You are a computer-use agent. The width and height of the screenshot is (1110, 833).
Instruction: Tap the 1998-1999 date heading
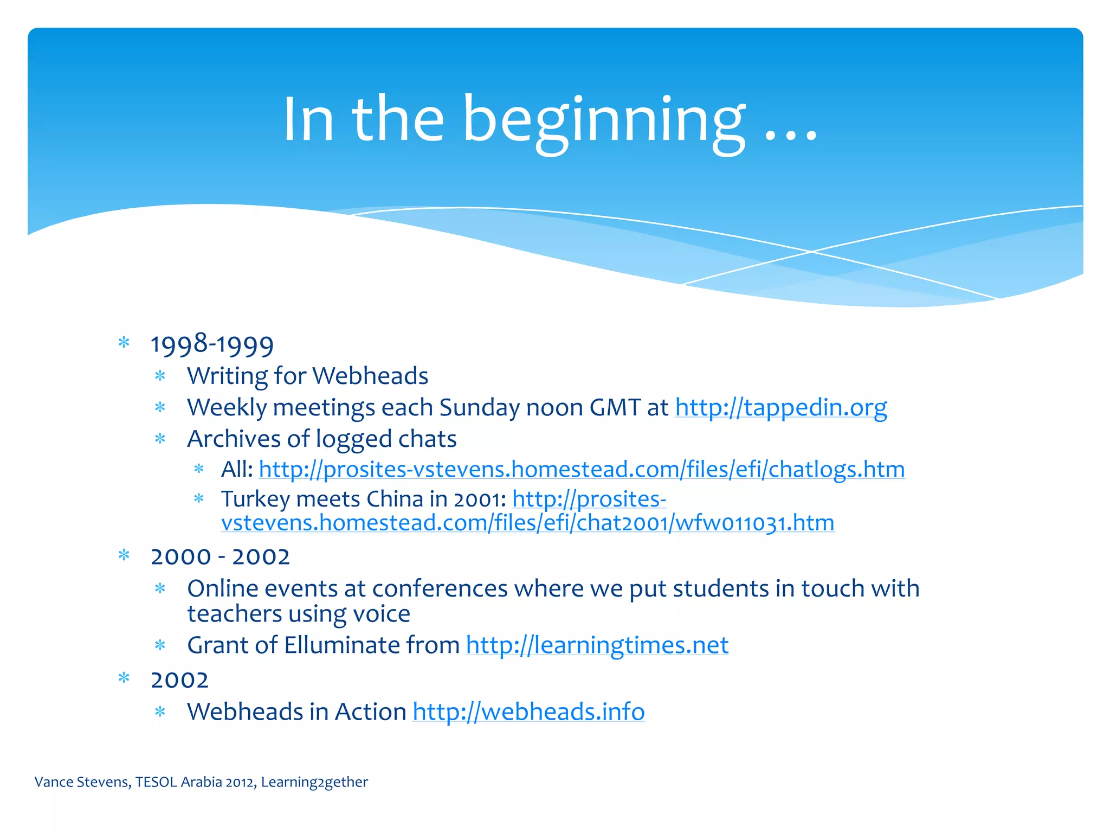212,345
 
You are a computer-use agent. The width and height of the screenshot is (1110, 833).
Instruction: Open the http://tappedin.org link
780,407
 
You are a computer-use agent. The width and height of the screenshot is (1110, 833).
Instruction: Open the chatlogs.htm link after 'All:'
582,469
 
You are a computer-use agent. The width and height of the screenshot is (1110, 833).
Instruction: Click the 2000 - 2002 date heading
220,557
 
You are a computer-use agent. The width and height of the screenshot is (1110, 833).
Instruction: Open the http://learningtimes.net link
597,645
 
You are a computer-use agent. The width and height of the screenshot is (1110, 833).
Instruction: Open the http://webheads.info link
528,712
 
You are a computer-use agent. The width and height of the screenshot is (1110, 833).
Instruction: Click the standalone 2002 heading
179,680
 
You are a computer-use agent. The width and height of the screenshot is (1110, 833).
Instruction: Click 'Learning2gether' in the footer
314,782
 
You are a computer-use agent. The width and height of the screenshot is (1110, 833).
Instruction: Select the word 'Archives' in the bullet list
234,439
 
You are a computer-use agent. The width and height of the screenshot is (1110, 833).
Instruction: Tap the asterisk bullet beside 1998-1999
124,343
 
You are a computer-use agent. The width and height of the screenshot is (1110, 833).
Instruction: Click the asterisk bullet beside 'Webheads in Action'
160,712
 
